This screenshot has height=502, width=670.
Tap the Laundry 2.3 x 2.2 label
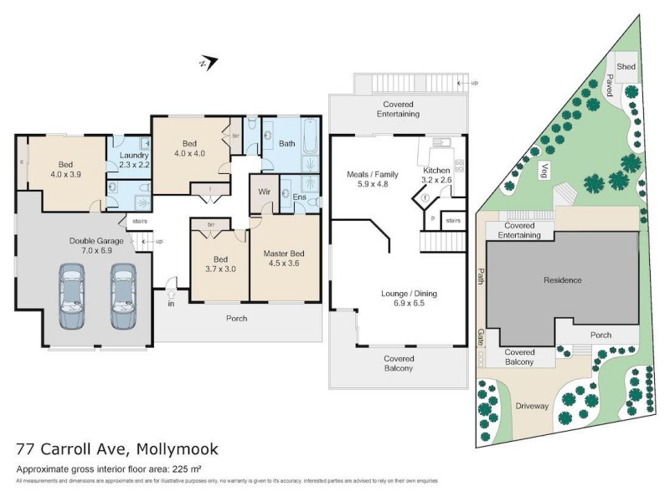[x=134, y=161]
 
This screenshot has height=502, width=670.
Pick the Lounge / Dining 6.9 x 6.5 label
[x=409, y=300]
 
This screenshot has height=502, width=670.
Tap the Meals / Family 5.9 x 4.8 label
[x=373, y=180]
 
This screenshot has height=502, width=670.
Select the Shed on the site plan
[x=626, y=65]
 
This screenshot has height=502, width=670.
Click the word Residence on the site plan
[x=562, y=280]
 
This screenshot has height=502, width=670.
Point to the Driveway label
[x=532, y=406]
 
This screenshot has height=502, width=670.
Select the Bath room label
[x=287, y=143]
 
